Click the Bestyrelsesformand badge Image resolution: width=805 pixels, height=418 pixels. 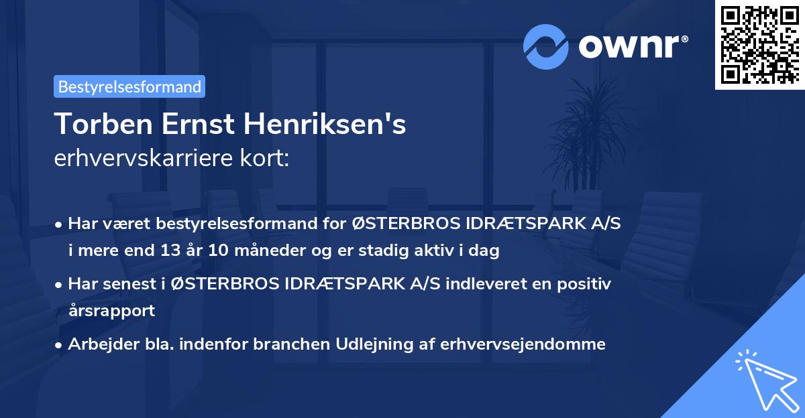(x=129, y=86)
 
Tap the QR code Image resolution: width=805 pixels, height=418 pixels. (x=759, y=45)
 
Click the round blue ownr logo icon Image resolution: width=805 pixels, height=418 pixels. (x=546, y=47)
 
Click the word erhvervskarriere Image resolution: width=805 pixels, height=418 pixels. (x=134, y=159)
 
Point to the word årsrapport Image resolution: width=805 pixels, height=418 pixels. (x=111, y=310)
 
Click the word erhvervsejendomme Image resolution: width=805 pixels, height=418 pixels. (x=523, y=344)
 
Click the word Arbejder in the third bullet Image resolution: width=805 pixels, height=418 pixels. (x=97, y=344)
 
